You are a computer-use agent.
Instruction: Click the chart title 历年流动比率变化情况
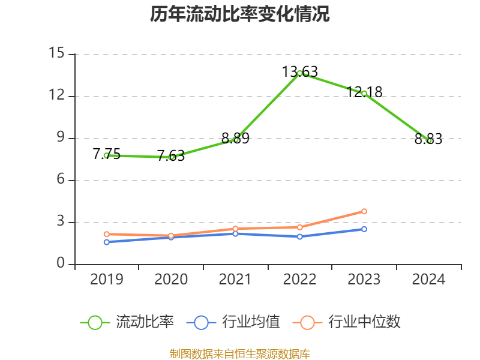tap(240, 14)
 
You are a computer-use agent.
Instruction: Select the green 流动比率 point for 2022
tap(299, 73)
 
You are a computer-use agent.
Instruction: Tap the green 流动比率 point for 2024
tap(429, 140)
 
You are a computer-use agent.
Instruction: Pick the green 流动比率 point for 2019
tap(106, 155)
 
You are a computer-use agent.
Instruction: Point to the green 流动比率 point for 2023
tap(364, 93)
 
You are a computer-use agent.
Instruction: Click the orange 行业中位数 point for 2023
tap(364, 211)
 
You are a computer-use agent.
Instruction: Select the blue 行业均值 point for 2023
tap(364, 229)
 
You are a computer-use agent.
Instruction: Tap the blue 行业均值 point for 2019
tap(106, 242)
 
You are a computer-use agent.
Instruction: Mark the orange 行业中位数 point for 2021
tap(235, 229)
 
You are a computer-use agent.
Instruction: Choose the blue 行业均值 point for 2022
tap(299, 236)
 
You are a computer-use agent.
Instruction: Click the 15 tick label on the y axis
tap(56, 54)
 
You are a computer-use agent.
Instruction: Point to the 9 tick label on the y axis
tap(60, 138)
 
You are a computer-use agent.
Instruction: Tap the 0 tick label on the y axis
tap(60, 264)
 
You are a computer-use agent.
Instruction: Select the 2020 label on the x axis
tap(171, 280)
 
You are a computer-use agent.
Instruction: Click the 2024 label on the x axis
tap(429, 280)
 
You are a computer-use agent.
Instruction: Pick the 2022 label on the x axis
tap(299, 280)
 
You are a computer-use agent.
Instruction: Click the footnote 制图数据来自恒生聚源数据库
tap(240, 353)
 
